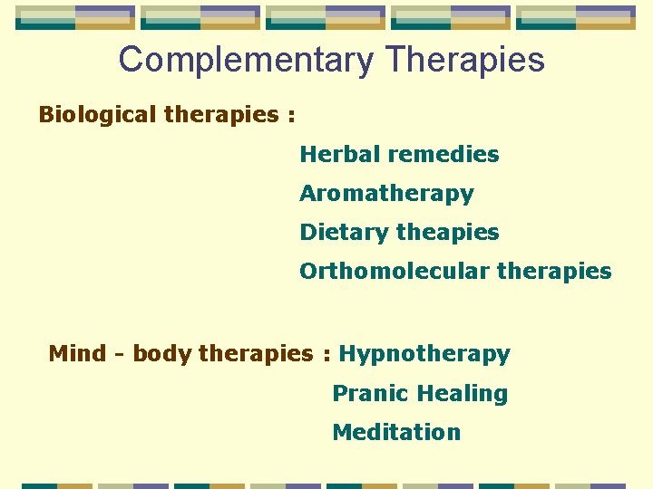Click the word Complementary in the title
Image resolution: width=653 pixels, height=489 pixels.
[246, 61]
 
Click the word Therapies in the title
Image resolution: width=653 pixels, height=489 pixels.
[464, 61]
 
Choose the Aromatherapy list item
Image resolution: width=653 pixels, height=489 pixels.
[386, 194]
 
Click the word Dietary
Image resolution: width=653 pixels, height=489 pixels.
[344, 233]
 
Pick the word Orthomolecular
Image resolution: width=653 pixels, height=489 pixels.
[394, 272]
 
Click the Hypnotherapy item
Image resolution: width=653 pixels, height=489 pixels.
[424, 354]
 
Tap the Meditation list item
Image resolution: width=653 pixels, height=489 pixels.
[396, 433]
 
